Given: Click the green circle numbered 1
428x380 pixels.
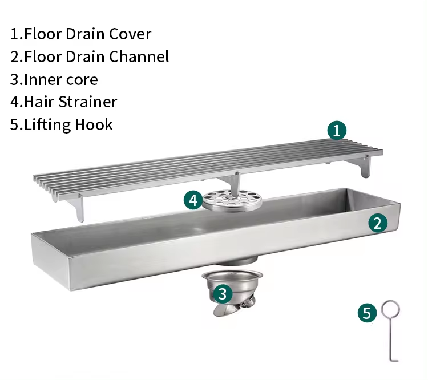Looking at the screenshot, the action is (x=337, y=131).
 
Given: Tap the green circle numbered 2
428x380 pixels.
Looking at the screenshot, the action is (x=378, y=223).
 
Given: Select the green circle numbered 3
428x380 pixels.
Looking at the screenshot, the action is (x=223, y=294).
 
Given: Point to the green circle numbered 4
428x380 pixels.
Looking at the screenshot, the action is (x=193, y=200).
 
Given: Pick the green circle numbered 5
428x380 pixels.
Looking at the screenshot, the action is (x=367, y=313).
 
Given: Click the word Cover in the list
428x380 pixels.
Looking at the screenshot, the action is (x=130, y=34).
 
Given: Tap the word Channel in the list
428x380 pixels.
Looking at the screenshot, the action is (x=139, y=56).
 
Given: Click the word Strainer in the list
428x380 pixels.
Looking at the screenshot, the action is (x=88, y=102).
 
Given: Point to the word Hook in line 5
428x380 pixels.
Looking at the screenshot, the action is (x=94, y=124).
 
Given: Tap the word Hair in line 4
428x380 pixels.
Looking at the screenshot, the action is (x=39, y=102).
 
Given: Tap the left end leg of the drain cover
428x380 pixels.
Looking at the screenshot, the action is (x=77, y=208).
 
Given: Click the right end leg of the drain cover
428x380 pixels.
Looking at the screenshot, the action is (x=365, y=166).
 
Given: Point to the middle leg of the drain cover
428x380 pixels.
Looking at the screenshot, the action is (x=234, y=183).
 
